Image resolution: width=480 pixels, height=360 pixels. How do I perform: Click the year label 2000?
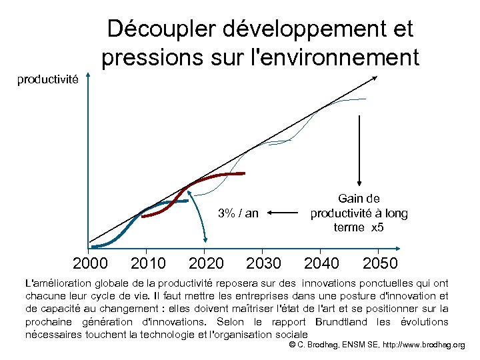coord(92,264)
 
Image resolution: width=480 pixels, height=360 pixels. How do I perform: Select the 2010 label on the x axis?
coord(149,264)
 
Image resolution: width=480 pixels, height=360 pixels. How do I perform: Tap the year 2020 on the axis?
coord(207,264)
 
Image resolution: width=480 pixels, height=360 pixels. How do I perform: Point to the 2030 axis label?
coord(264,264)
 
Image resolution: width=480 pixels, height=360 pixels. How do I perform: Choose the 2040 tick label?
coord(321,264)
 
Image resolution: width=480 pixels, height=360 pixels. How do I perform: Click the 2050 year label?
coord(380,264)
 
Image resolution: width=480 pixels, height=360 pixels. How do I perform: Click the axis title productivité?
coord(48,80)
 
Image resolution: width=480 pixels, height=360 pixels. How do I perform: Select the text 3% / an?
coord(238,213)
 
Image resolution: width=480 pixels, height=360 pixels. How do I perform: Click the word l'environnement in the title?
coord(333,58)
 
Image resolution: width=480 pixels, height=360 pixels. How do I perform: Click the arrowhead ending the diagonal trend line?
coord(375,78)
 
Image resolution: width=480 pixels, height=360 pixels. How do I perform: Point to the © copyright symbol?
coord(292,345)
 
